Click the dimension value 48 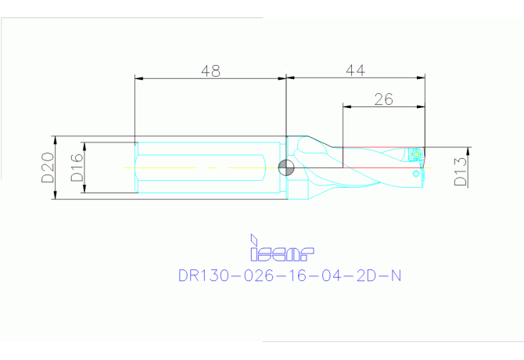(210, 70)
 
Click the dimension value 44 (356, 70)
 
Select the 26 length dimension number (382, 99)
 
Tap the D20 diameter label (48, 167)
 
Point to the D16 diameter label (77, 167)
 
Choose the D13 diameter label (461, 171)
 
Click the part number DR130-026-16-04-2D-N (291, 275)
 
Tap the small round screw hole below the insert (412, 175)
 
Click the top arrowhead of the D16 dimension (84, 146)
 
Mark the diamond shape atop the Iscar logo (253, 239)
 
